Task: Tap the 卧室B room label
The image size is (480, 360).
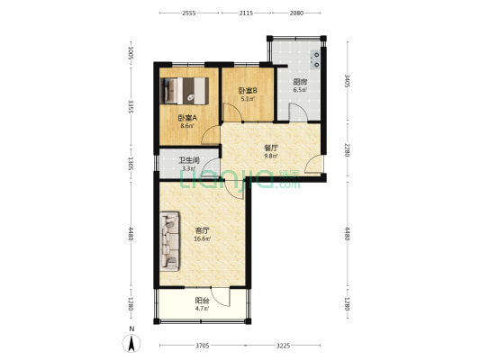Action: point(248,91)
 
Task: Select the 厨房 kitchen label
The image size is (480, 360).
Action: point(300,82)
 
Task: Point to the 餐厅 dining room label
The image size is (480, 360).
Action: point(271,148)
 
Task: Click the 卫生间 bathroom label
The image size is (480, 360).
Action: point(189,160)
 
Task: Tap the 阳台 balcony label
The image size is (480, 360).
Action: point(202,301)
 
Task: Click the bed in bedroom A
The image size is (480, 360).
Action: point(185,91)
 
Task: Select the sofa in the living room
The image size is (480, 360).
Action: point(169,241)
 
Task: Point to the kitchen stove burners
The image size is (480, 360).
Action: point(315,59)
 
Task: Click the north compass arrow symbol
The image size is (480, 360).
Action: point(131,343)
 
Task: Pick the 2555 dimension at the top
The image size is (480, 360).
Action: point(189,13)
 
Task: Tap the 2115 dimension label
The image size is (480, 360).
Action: point(246,13)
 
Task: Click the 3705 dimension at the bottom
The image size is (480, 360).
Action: point(203,346)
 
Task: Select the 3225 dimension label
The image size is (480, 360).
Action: point(283,346)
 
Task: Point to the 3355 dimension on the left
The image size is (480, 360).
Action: point(131,106)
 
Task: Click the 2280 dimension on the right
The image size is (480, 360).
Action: point(347,150)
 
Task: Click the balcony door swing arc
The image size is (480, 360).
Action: point(220,297)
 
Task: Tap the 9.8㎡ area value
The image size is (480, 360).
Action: point(271,156)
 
